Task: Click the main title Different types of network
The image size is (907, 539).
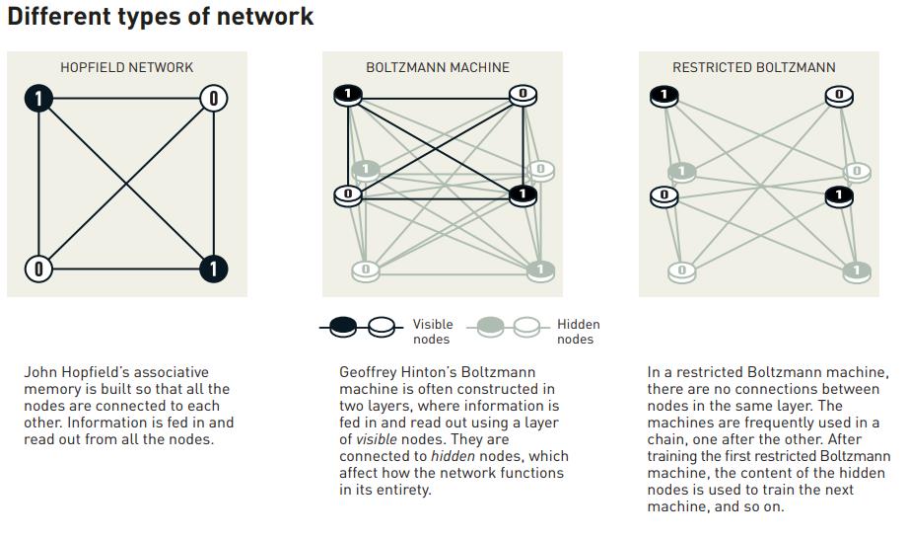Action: (x=160, y=17)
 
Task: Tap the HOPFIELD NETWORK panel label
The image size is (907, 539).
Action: (x=126, y=67)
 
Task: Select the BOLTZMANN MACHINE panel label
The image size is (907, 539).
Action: (x=438, y=67)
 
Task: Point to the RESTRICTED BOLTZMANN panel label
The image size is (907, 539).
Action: (x=753, y=67)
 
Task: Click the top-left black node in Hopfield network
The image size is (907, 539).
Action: (x=38, y=98)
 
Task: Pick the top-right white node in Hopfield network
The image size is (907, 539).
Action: (x=213, y=98)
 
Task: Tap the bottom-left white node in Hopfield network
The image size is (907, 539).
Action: (x=38, y=269)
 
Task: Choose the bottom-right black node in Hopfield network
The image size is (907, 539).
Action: (x=213, y=269)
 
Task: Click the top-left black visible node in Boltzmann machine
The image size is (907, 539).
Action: (x=347, y=95)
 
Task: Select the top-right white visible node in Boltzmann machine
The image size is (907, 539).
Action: (x=523, y=95)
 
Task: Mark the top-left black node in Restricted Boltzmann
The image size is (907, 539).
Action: (x=663, y=96)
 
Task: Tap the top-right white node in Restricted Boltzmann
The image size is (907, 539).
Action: (x=839, y=96)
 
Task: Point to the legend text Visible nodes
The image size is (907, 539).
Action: (x=432, y=332)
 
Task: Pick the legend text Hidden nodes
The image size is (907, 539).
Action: (x=578, y=332)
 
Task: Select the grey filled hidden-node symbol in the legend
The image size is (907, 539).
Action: (x=490, y=327)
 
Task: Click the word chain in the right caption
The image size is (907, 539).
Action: (x=665, y=439)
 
